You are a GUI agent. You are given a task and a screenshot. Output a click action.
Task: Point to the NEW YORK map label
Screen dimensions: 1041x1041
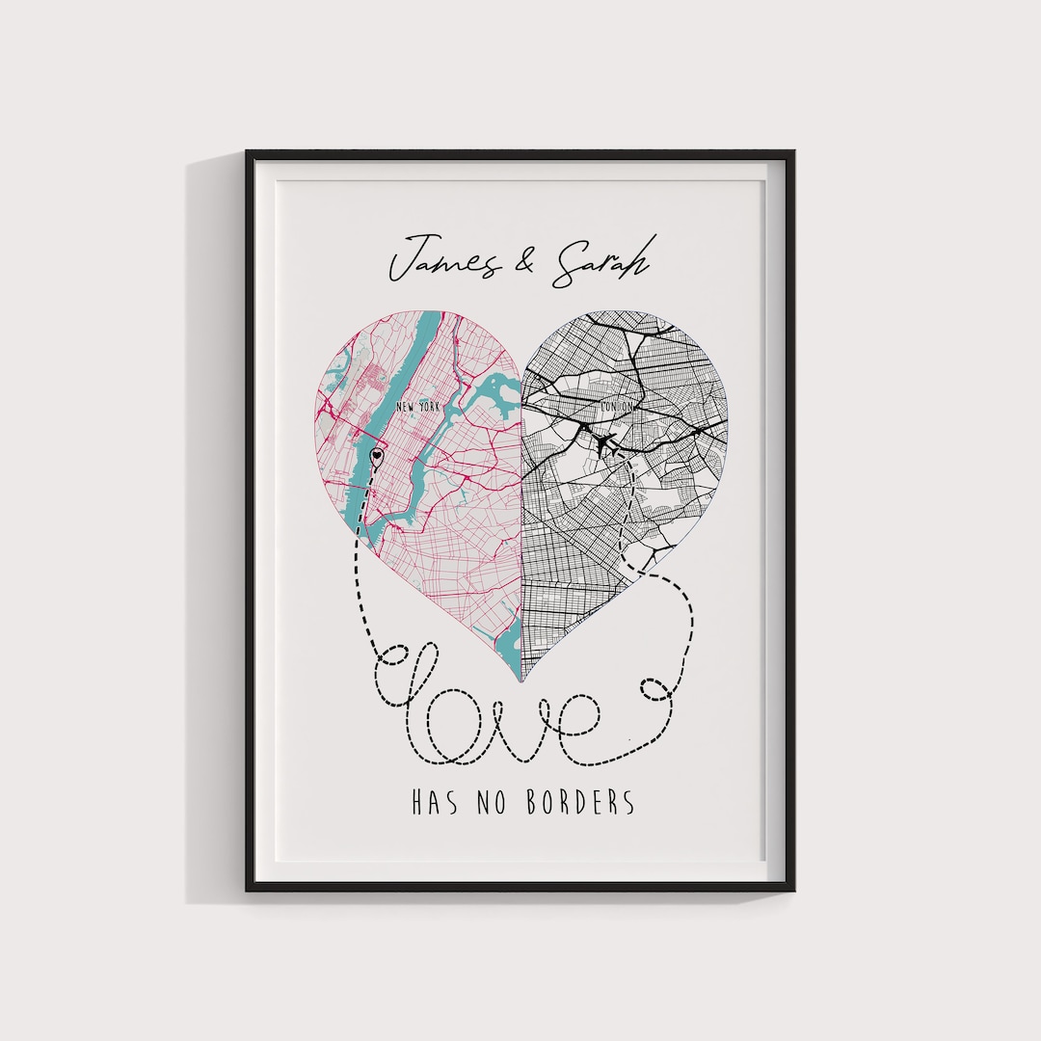[417, 408]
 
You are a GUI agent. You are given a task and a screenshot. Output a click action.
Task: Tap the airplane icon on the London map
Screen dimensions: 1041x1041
[605, 444]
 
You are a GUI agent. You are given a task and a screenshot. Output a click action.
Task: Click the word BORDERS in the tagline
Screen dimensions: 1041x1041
[581, 803]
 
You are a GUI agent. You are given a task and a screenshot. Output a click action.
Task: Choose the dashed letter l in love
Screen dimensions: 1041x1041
[410, 675]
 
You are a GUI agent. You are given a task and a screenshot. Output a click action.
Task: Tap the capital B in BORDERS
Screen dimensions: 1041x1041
[533, 803]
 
